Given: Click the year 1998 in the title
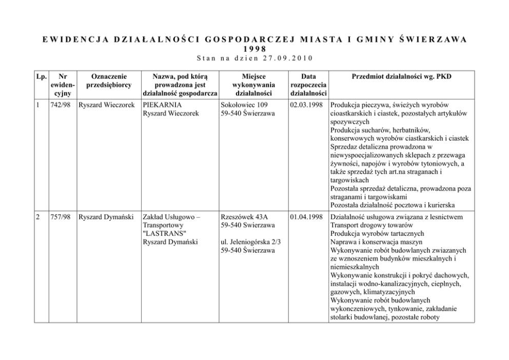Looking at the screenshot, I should (254, 48).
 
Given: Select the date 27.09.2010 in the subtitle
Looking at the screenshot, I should (288, 57).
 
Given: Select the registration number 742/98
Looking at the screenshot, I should (61, 104).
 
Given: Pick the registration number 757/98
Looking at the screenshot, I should (61, 217).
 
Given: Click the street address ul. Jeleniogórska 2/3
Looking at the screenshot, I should (250, 242).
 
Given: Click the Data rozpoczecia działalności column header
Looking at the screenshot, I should (308, 85).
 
